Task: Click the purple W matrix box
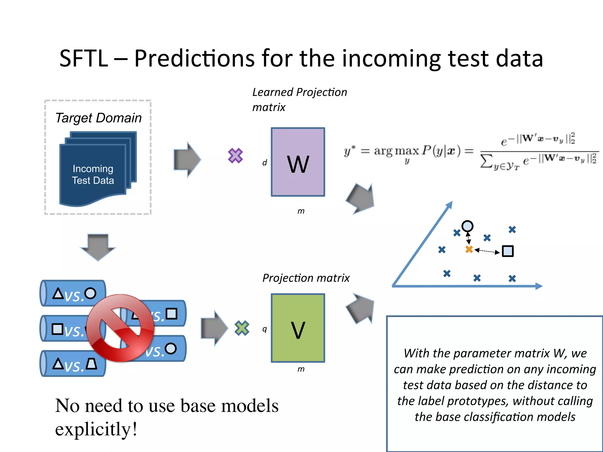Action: tap(298, 162)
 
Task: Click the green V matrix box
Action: tap(298, 328)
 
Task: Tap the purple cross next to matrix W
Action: tap(235, 156)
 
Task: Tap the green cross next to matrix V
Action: tap(242, 328)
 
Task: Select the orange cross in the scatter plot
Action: tap(469, 249)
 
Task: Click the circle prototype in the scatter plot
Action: tap(467, 226)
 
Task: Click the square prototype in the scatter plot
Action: tap(508, 251)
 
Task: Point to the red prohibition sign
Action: tap(120, 328)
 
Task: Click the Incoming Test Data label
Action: tap(93, 174)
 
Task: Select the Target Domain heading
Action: tap(98, 118)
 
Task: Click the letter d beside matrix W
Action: tap(264, 162)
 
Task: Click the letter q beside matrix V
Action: tap(264, 329)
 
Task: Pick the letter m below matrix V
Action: tap(301, 369)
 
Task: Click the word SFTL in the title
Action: tap(84, 58)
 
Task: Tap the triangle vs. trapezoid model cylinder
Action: tap(72, 364)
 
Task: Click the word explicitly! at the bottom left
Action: tap(96, 429)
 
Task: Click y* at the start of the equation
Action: tap(349, 151)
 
